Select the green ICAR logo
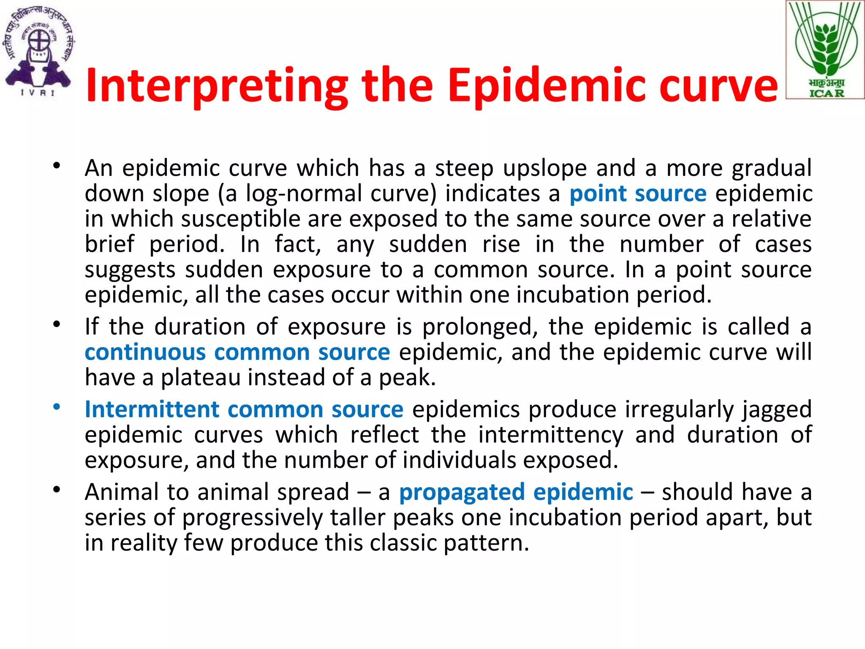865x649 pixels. coord(825,50)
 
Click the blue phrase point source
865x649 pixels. coord(638,194)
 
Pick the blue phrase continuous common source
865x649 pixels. coord(237,352)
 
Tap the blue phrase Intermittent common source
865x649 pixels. coord(244,409)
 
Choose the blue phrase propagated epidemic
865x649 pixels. coord(516,492)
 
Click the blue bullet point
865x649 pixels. coord(57,407)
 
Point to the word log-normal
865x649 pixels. coord(304,194)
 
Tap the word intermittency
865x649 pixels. coord(550,435)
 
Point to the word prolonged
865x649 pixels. coord(480,327)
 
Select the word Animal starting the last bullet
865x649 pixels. coord(121,492)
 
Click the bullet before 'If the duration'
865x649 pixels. coord(57,324)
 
